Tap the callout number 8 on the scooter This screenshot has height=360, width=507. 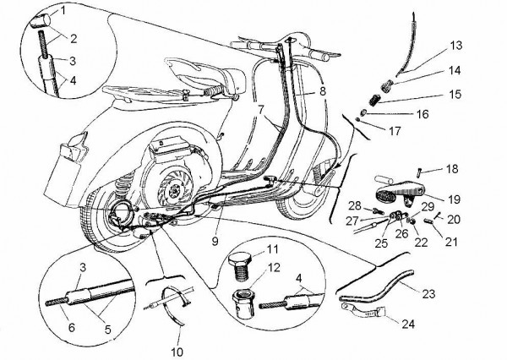pyautogui.click(x=322, y=90)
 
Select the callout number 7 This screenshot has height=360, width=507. pyautogui.click(x=260, y=109)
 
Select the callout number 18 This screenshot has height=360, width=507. pyautogui.click(x=453, y=169)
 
